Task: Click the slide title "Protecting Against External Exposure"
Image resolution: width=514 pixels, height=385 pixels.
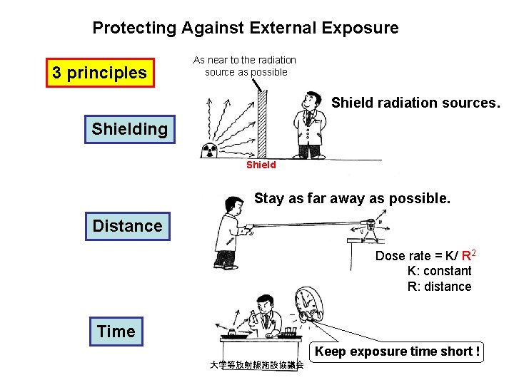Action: pyautogui.click(x=245, y=29)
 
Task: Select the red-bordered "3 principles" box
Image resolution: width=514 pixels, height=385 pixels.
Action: pyautogui.click(x=100, y=73)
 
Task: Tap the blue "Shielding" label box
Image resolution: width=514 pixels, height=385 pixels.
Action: pyautogui.click(x=129, y=129)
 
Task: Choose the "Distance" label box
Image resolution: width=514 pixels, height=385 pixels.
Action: pyautogui.click(x=128, y=226)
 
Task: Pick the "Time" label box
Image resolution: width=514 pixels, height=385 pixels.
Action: pyautogui.click(x=116, y=332)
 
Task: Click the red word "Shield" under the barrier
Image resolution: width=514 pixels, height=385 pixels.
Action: pyautogui.click(x=261, y=165)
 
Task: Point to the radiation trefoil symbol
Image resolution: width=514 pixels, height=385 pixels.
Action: pyautogui.click(x=210, y=150)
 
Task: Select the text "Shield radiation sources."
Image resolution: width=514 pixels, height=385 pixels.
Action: pyautogui.click(x=415, y=103)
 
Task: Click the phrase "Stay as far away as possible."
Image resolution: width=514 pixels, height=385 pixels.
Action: pyautogui.click(x=352, y=198)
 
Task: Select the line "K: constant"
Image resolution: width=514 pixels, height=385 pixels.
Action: pyautogui.click(x=439, y=271)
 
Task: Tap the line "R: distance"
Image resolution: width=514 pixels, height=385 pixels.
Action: pyautogui.click(x=439, y=287)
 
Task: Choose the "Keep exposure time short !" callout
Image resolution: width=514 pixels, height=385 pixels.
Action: pyautogui.click(x=398, y=351)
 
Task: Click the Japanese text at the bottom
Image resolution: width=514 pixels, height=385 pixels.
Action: pyautogui.click(x=256, y=365)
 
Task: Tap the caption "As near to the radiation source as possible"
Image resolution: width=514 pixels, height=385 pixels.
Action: pyautogui.click(x=245, y=66)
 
